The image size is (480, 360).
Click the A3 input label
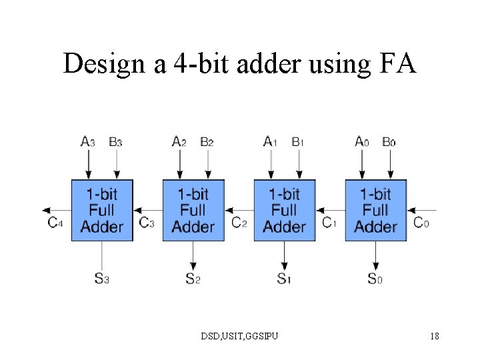[87, 141]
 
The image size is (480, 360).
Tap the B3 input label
[115, 141]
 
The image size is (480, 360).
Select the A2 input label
[179, 141]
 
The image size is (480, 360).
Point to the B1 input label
[298, 141]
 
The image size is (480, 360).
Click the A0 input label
[362, 141]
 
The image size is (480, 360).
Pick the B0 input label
[389, 141]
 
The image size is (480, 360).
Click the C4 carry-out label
[55, 223]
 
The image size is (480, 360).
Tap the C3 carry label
[147, 223]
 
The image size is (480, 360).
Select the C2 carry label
[239, 223]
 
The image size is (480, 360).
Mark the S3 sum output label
[101, 279]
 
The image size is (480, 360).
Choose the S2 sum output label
[193, 279]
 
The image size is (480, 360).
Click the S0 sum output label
[375, 279]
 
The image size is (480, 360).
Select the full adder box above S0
[375, 210]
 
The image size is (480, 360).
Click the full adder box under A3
[102, 210]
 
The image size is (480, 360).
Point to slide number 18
[435, 336]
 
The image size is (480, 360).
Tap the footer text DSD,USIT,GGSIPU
[240, 336]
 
